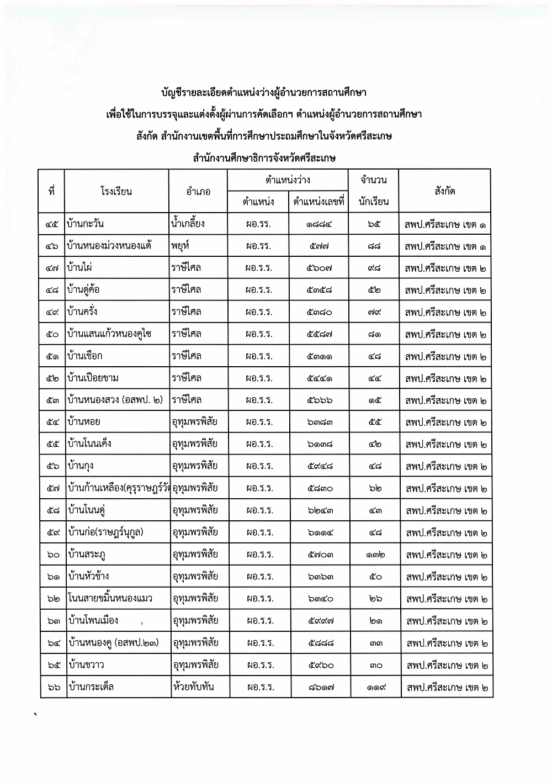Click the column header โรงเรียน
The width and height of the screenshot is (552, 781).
coord(116,192)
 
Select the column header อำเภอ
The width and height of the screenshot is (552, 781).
coord(198,192)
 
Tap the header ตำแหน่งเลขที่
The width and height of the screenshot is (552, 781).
coord(319,202)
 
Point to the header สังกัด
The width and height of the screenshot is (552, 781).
coord(444,191)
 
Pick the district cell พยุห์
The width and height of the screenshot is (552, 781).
coord(181,246)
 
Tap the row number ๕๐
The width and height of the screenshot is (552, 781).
coord(52,334)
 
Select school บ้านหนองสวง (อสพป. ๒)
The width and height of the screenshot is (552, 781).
coord(114,400)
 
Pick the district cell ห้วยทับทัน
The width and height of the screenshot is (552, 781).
coord(193,687)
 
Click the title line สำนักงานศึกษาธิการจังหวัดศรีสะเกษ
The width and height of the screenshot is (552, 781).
coord(264,158)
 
